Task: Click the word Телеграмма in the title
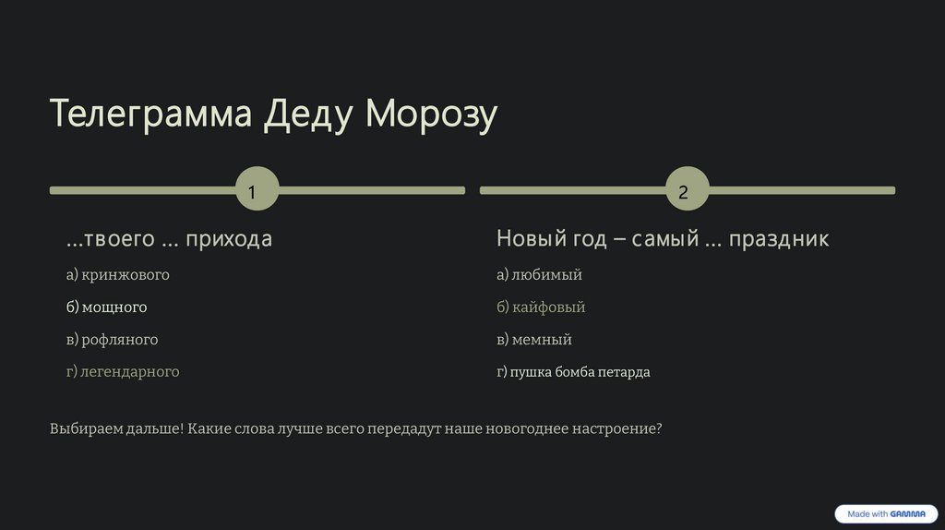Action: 150,114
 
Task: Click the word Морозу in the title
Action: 431,114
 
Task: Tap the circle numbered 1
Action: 257,190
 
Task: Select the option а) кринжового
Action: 117,274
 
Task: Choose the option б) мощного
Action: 106,307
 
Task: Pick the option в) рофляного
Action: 112,339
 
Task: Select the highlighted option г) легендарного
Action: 123,371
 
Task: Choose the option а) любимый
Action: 539,274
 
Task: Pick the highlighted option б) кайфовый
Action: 541,307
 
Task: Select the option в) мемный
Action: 534,339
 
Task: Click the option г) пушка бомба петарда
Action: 573,371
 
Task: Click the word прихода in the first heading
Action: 229,239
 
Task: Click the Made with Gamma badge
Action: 886,513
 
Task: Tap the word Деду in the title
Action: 308,114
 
